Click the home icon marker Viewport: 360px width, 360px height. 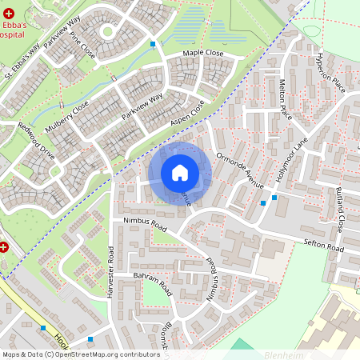click(180, 172)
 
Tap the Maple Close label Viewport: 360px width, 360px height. click(203, 53)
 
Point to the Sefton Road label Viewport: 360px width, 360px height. click(323, 245)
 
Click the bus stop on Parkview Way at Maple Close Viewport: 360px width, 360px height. click(153, 44)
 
